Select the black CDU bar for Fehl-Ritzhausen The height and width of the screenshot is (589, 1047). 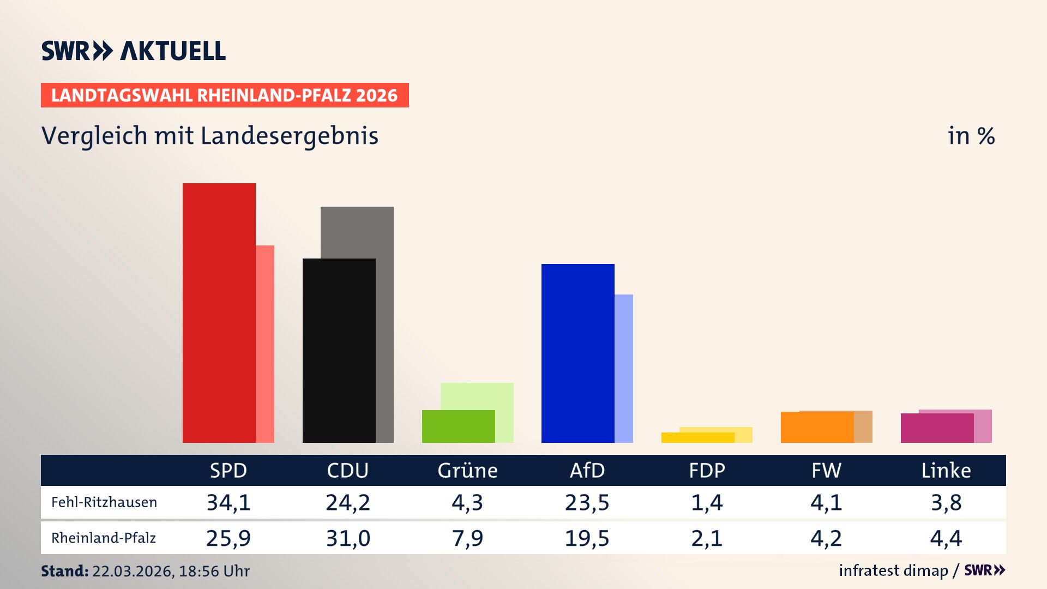[339, 350]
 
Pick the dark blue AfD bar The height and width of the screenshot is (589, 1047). [577, 353]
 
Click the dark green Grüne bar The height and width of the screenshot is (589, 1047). [458, 426]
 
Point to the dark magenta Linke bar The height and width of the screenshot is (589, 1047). [936, 428]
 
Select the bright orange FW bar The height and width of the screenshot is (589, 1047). [816, 427]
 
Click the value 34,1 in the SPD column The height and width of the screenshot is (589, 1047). [228, 502]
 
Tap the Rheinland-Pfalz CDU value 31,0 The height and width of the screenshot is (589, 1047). [348, 538]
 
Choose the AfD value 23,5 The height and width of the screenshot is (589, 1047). [587, 502]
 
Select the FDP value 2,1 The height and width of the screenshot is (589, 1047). [707, 538]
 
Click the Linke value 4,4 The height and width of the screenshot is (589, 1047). [946, 538]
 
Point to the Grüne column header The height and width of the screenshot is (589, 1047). [467, 470]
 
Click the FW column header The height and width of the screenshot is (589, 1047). [826, 470]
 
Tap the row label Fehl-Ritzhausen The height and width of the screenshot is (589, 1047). [104, 502]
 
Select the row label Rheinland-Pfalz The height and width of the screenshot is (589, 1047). [104, 538]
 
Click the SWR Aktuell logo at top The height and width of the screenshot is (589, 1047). [134, 51]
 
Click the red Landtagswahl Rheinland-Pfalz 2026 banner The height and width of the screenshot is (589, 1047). [225, 95]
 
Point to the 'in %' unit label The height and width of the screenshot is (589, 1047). [971, 136]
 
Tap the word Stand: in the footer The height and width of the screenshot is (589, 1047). [64, 571]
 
